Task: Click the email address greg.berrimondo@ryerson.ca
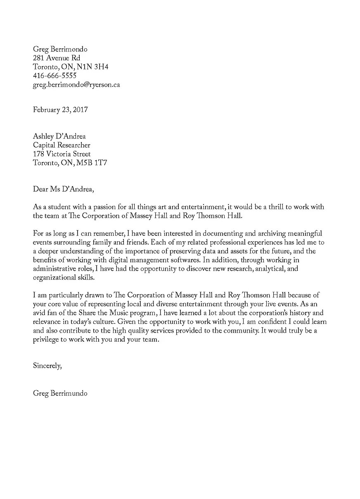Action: pos(76,85)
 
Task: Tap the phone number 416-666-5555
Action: pos(54,76)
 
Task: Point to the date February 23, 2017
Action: pos(60,110)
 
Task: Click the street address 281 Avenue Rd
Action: pos(57,58)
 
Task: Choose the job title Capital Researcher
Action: pos(62,145)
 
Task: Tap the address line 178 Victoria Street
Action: pos(62,154)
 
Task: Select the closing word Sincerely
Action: pos(47,365)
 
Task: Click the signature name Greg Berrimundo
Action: pos(60,393)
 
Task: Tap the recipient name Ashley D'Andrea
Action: pos(59,136)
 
